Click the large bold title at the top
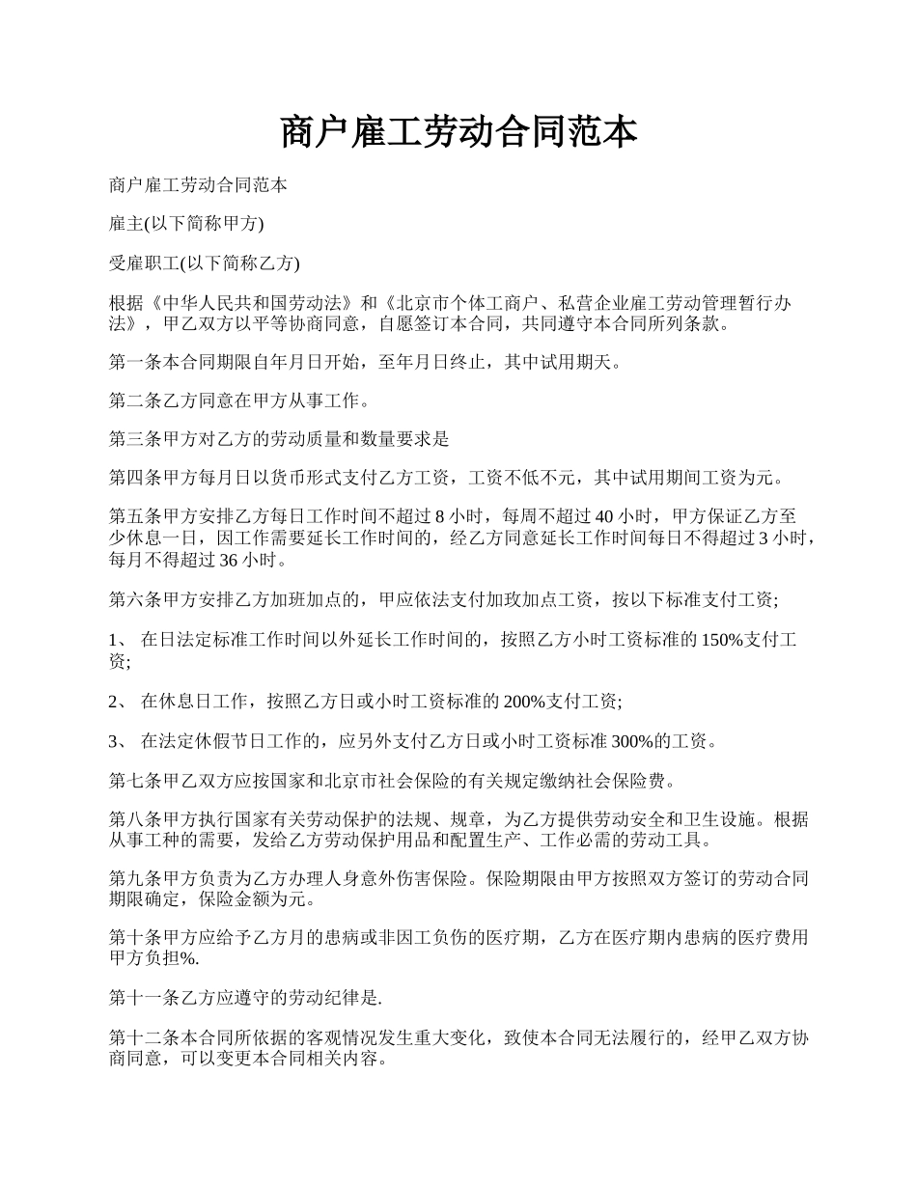[458, 131]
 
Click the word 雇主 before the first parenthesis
[126, 223]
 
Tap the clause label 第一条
[133, 363]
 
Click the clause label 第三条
[133, 439]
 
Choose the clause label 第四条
[133, 478]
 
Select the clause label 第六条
[133, 599]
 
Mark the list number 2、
[118, 701]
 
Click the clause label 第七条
[133, 780]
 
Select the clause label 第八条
[133, 819]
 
